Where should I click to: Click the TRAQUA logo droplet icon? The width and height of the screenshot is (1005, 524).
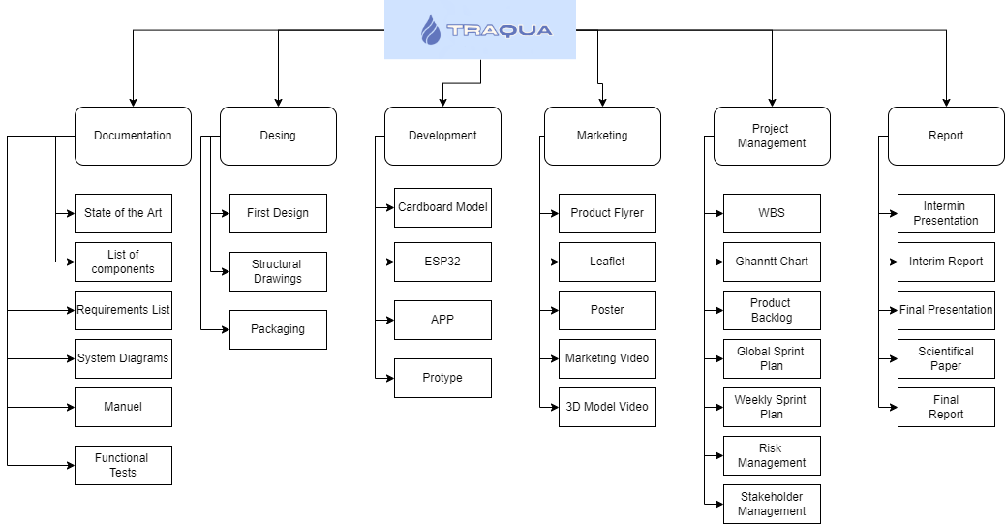(x=431, y=30)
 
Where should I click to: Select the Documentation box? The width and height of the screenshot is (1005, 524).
(x=133, y=136)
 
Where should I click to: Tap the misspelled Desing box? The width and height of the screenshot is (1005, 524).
(x=278, y=136)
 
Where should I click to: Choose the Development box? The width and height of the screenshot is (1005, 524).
(x=442, y=136)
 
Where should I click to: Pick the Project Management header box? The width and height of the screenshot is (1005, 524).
(x=771, y=136)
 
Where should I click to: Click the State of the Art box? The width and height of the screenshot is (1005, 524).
(x=123, y=213)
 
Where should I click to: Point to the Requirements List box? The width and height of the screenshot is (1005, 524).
(x=123, y=310)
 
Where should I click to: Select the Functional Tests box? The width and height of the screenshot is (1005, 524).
(x=123, y=465)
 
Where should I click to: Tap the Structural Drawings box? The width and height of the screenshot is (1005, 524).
(x=278, y=271)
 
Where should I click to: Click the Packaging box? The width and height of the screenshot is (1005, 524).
(x=278, y=329)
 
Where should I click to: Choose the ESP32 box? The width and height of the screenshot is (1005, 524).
(x=442, y=262)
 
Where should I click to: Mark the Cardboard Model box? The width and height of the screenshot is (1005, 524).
(x=442, y=207)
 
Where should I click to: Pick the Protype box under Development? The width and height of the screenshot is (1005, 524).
(x=442, y=378)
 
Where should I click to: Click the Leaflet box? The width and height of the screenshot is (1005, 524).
(x=607, y=262)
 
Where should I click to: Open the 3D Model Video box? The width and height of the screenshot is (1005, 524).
(x=607, y=407)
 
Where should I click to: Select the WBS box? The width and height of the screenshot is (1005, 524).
(x=771, y=213)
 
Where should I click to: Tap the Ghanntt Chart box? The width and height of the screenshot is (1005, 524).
(x=771, y=262)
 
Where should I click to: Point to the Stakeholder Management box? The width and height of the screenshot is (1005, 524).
(x=771, y=504)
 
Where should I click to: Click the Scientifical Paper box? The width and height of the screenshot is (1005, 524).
(x=946, y=358)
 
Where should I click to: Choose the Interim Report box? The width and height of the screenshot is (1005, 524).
(x=946, y=262)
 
